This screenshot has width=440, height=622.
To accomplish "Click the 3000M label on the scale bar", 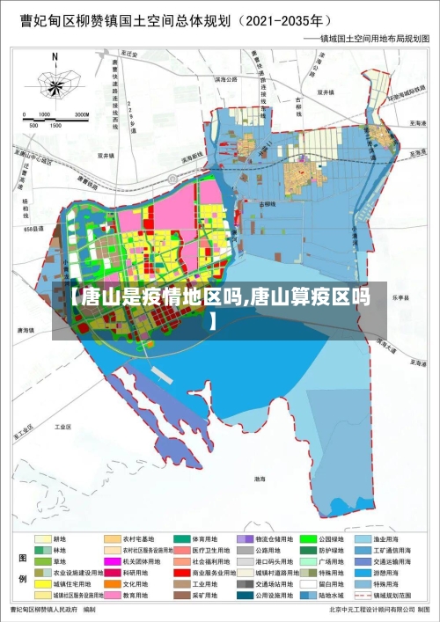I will pyautogui.click(x=82, y=114).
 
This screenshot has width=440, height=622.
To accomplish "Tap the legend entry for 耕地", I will pyautogui.click(x=60, y=538).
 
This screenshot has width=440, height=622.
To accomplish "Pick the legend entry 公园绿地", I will pyautogui.click(x=328, y=538).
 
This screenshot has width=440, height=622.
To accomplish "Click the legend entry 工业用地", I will pyautogui.click(x=204, y=583).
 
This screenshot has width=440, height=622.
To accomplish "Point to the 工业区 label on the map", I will pyautogui.click(x=62, y=427).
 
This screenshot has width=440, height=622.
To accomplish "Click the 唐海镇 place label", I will pyautogui.click(x=26, y=330).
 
